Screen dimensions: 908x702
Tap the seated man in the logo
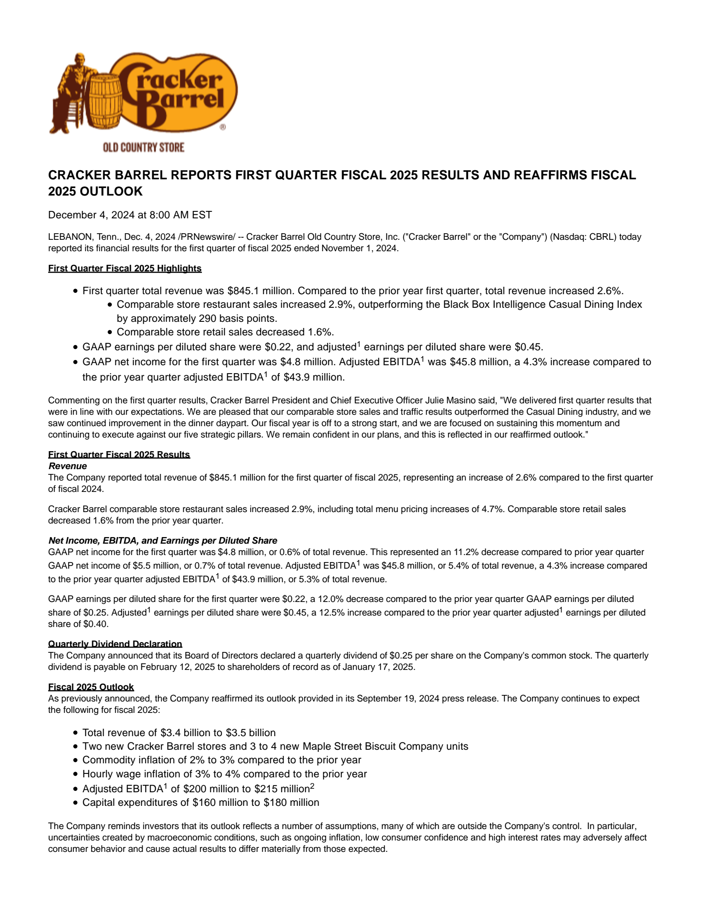[72, 92]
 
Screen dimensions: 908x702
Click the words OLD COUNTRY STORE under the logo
[143, 147]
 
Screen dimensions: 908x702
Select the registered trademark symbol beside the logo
[222, 127]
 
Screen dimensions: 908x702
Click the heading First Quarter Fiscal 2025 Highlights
[125, 268]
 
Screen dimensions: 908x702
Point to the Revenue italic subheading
[68, 466]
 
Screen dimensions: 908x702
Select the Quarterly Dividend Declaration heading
[115, 644]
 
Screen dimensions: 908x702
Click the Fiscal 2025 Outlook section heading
[91, 687]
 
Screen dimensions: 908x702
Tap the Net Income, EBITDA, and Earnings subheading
[163, 541]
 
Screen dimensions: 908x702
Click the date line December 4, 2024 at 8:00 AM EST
[130, 215]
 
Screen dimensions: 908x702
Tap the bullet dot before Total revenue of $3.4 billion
[75, 733]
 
